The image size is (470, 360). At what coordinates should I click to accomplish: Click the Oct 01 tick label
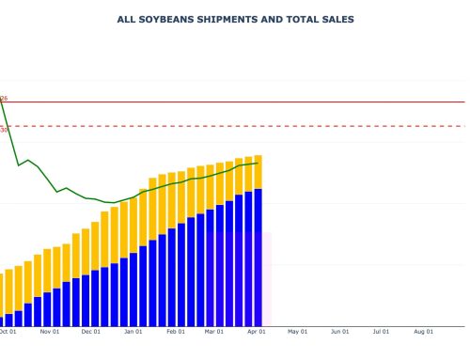pos(8,331)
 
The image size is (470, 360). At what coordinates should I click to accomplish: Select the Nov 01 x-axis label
pos(50,331)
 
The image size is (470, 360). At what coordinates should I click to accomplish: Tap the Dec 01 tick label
pos(91,331)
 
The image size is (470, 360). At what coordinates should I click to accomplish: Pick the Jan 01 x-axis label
pos(133,331)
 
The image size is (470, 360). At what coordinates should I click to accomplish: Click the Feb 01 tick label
pos(176,331)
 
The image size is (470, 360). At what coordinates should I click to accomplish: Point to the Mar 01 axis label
pos(214,331)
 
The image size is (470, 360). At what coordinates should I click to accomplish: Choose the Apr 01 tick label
pos(256,331)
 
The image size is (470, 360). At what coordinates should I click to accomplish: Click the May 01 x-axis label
pos(297,331)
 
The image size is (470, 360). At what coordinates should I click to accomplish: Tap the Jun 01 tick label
pos(339,331)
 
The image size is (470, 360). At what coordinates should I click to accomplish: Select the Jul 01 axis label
pos(381,331)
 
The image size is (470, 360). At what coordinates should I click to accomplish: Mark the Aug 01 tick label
pos(423,331)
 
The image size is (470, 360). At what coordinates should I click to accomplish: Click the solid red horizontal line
pos(282,102)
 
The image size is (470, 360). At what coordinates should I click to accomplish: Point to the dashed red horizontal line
pos(282,125)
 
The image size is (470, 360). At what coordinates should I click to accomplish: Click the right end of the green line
pos(258,163)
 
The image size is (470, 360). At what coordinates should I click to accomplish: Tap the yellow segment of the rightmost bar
pos(258,172)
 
